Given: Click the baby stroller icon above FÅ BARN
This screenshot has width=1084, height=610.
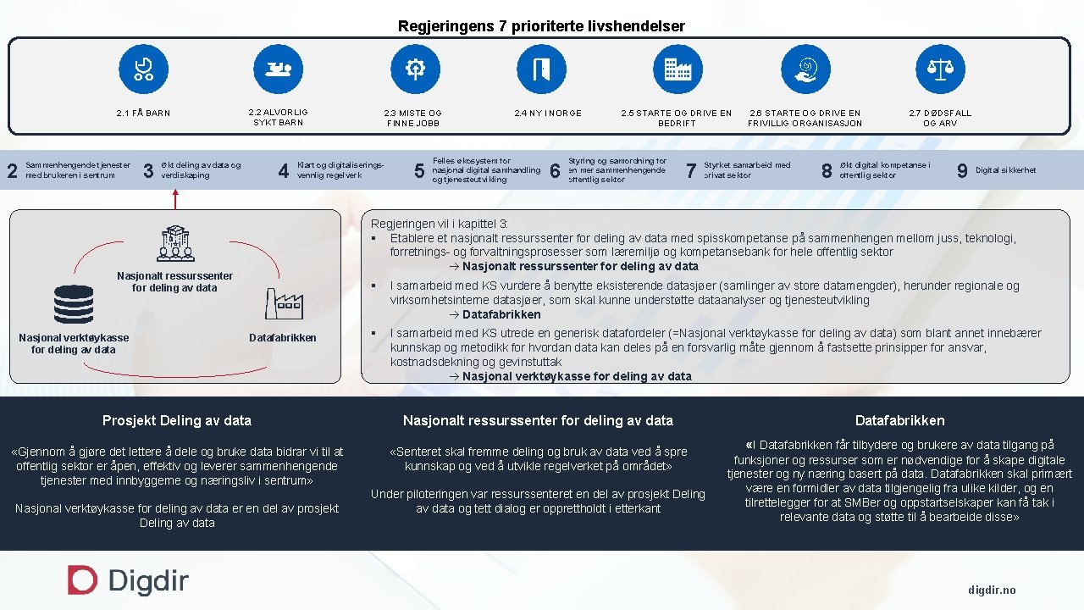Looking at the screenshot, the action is tap(143, 69).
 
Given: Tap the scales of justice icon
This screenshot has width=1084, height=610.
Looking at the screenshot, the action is tap(940, 69).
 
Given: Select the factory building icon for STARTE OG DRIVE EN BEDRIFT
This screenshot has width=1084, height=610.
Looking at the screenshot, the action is tap(677, 69).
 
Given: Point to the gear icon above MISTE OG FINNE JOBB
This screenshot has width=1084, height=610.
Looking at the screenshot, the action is tap(415, 69).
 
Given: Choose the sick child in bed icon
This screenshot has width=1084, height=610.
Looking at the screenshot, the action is tap(278, 69).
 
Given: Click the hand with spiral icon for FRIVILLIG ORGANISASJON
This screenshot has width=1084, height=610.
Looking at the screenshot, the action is tap(805, 69).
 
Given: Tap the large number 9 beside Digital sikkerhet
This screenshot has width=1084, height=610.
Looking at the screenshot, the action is tap(962, 171).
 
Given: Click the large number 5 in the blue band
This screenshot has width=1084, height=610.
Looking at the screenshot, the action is tap(419, 171).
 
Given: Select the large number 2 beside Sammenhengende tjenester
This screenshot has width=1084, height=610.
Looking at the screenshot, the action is tap(12, 171).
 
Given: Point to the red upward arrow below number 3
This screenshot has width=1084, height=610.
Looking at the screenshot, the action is tap(175, 199).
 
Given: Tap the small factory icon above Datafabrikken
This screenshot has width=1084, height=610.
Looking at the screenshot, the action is tap(284, 303).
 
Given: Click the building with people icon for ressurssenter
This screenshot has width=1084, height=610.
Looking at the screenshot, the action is tap(175, 244).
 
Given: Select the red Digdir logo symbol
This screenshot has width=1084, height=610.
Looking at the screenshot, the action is tap(82, 580).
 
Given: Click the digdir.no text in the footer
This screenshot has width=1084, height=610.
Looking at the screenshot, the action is tap(992, 590).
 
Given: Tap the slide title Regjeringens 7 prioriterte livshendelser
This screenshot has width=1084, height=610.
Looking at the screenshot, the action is tap(541, 26).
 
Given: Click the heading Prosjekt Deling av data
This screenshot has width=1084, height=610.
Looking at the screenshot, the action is tap(177, 420).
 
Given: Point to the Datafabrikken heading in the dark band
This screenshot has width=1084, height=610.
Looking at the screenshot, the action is tap(899, 420).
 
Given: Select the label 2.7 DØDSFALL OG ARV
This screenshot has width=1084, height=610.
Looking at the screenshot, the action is tap(940, 118).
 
